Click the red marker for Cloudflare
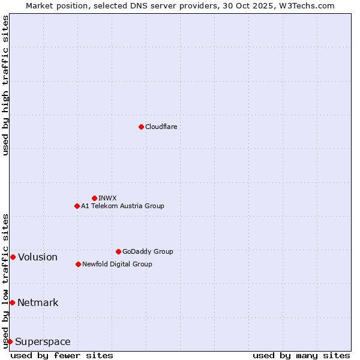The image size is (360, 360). click(141, 127)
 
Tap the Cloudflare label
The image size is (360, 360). click(161, 127)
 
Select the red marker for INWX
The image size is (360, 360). click(94, 198)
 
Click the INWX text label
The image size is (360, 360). click(107, 198)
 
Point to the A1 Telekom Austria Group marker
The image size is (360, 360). click(77, 206)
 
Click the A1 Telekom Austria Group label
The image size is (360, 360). click(122, 206)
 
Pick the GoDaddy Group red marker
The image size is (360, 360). click(118, 251)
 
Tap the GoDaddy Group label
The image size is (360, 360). click(147, 251)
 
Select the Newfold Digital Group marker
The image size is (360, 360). click(78, 264)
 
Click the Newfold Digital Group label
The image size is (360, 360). click(117, 264)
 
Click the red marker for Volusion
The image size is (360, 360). click(13, 257)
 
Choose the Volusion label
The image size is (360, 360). click(38, 257)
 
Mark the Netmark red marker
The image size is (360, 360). click(12, 302)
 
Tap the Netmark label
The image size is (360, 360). click(38, 303)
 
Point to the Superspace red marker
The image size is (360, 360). click(10, 341)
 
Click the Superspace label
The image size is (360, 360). click(43, 342)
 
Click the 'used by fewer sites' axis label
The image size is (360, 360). click(62, 355)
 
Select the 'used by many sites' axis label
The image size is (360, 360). click(301, 355)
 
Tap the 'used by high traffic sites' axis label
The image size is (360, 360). click(5, 85)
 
